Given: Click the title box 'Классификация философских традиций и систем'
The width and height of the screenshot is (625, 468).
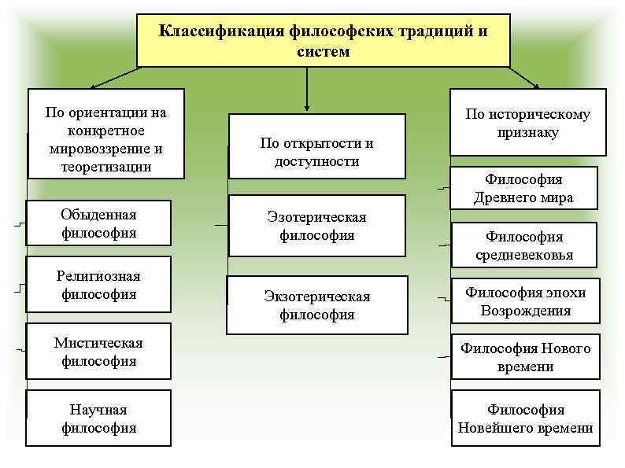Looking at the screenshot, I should point(323,40).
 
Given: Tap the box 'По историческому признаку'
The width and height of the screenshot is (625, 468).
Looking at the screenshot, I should point(527,123).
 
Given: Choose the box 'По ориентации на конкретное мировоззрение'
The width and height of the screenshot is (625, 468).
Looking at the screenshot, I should point(105,133).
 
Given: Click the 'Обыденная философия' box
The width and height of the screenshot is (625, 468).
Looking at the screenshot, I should point(98,223).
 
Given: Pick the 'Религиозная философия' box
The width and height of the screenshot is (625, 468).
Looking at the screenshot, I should point(98,285).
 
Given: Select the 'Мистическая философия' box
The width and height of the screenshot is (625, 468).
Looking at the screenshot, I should point(98,352).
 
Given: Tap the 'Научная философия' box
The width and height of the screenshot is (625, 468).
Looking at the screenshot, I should point(98,418).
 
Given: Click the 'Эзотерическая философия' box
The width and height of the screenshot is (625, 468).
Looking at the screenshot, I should point(316,226).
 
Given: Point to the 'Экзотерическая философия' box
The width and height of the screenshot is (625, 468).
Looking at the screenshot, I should point(316,305).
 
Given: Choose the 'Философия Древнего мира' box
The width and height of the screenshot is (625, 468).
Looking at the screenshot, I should point(523,189).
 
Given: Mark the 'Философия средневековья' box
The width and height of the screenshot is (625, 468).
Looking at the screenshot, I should point(523,245).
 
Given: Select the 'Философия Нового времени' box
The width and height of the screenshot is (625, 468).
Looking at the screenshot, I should point(525,357).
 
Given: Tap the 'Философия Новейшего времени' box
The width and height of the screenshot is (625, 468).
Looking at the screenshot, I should point(525,418).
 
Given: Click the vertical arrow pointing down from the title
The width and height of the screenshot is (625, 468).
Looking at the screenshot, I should point(307,90).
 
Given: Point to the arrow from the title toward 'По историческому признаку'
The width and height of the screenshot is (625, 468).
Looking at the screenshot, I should point(525,77).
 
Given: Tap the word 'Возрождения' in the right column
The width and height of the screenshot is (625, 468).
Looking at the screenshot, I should point(525,311).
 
